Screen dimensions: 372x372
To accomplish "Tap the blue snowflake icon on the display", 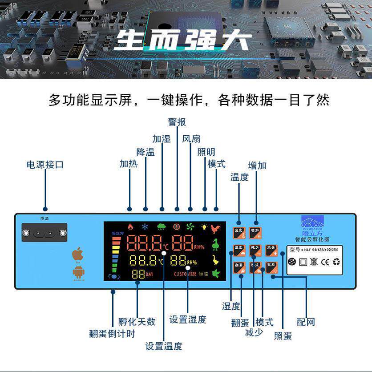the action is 145,226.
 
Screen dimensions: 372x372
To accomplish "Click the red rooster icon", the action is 216,228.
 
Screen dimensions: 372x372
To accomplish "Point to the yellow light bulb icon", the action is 205,226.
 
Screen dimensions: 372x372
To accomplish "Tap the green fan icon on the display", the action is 190,226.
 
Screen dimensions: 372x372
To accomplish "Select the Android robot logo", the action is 78,271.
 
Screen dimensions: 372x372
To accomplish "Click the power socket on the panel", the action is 44,233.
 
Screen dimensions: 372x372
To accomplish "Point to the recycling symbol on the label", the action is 336,262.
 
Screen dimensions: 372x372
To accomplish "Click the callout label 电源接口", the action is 45,165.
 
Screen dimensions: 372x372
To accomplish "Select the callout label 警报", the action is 177,122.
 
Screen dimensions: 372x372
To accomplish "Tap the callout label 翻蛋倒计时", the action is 112,333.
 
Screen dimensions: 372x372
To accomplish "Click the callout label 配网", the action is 306,322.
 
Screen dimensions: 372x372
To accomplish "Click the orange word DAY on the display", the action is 150,274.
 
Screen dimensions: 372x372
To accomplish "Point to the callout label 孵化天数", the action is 137,321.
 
